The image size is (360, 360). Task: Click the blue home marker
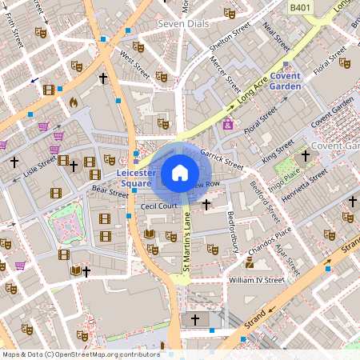(180, 172)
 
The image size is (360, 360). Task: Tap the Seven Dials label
(183, 23)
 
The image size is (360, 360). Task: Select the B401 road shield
(300, 8)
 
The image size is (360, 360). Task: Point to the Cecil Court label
(158, 206)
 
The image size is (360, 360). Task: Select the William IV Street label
(257, 281)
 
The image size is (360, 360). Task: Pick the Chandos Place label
(270, 242)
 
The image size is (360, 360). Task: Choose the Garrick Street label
(222, 155)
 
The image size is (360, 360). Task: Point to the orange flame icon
(74, 102)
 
